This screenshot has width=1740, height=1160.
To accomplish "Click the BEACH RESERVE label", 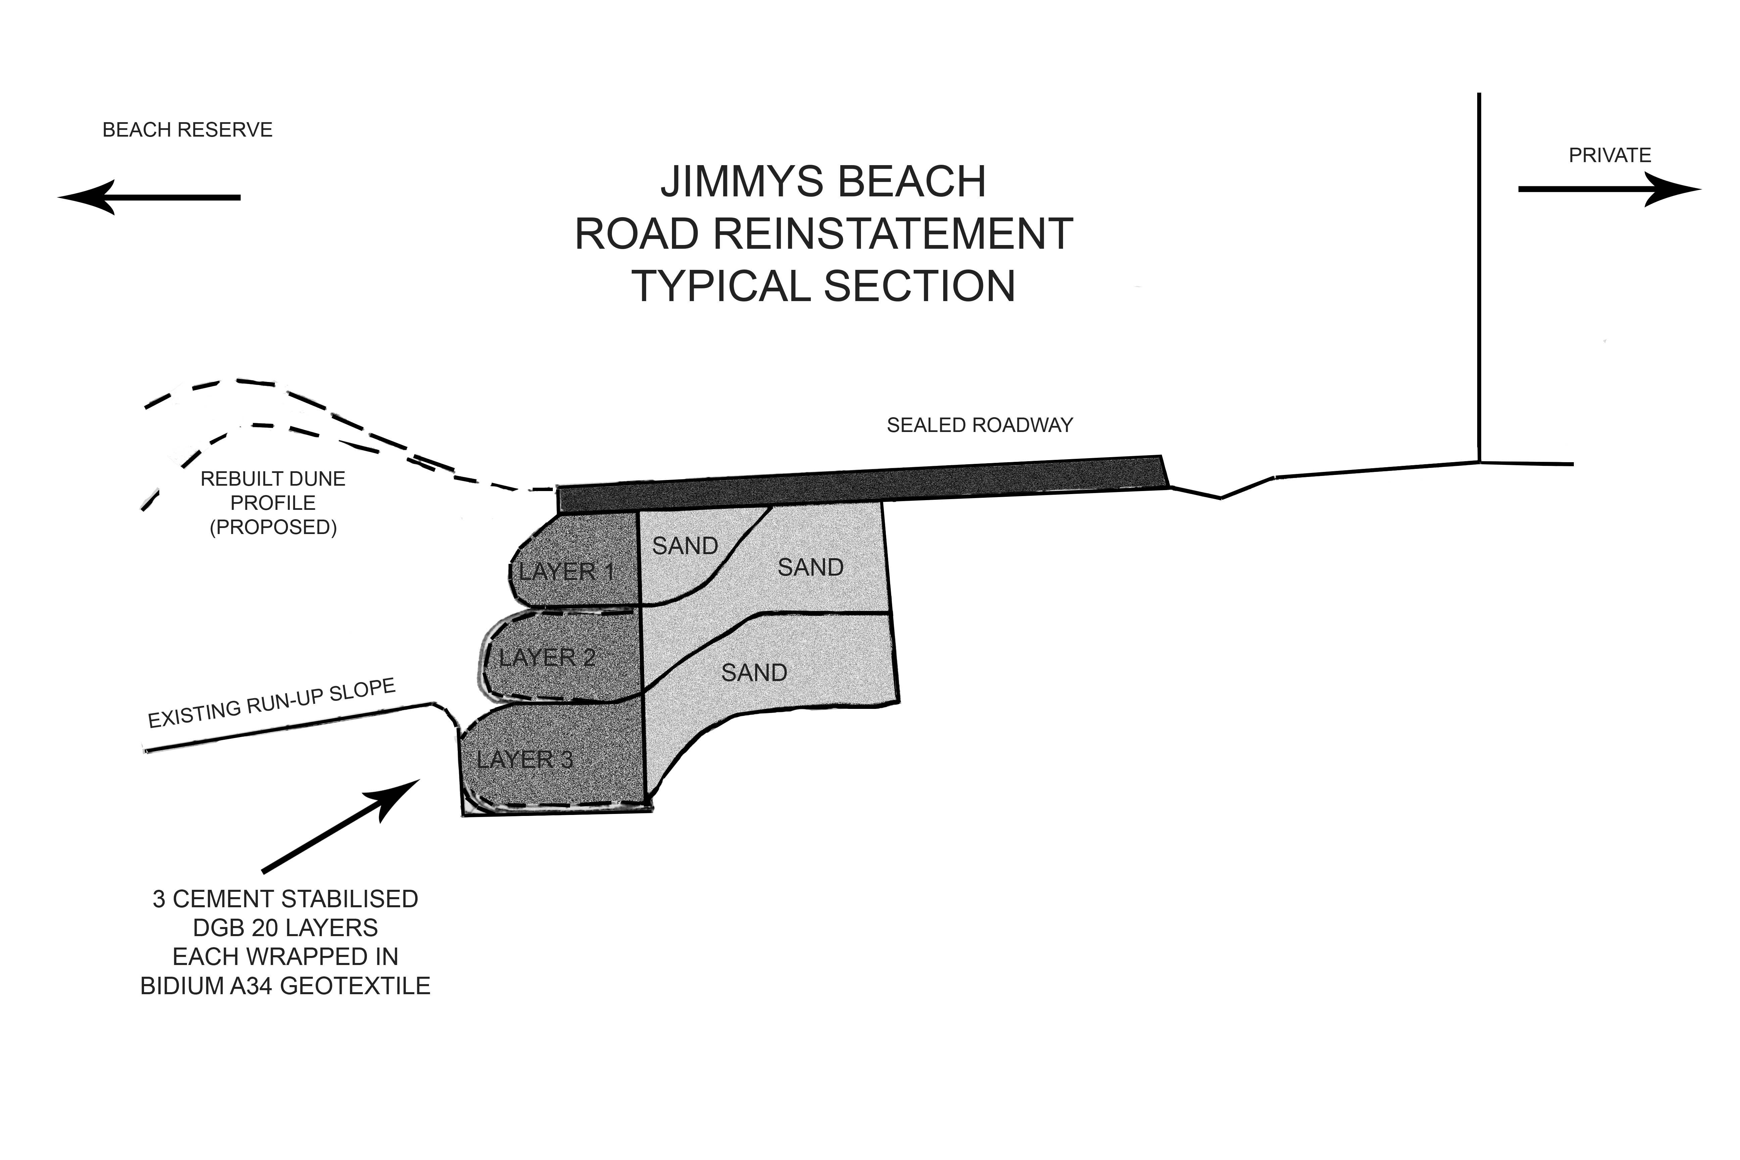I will (x=187, y=130).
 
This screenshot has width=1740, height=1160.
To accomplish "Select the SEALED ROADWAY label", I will (x=979, y=425).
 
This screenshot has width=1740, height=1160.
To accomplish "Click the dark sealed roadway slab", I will (x=858, y=485).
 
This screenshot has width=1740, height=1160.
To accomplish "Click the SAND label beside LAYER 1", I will (x=685, y=546).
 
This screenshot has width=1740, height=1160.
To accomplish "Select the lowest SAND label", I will (x=754, y=673).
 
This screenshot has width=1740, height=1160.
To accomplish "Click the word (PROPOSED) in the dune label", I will (x=273, y=528).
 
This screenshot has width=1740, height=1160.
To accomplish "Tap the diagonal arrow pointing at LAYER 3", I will (x=340, y=825).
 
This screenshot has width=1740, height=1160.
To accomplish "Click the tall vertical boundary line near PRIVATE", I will (x=1479, y=281).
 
